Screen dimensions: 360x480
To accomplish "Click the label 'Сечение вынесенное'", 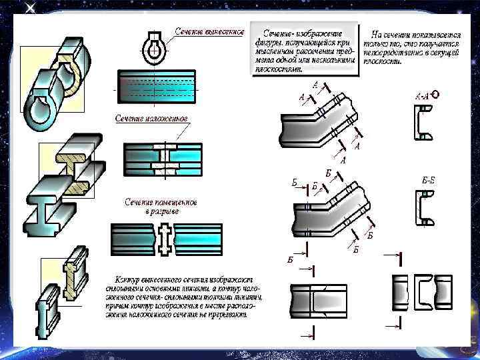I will (210, 31).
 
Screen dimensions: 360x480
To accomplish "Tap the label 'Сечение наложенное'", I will (151, 118).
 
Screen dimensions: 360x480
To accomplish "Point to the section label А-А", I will (423, 95).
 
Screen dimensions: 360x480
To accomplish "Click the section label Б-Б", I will (429, 179).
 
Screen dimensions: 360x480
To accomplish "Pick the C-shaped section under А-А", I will (423, 124).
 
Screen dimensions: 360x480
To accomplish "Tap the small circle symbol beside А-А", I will (435, 94).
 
